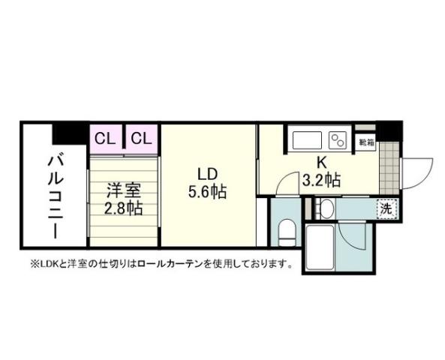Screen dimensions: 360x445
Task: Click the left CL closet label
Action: point(105,138)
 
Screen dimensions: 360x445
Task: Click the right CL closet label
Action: point(142,138)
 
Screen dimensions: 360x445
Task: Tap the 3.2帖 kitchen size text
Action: point(321,180)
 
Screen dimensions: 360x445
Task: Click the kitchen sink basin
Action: point(305,139)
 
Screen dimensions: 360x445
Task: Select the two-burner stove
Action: point(337,139)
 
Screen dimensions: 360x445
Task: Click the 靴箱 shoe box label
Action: point(366,140)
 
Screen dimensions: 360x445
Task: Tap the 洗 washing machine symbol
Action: point(385,209)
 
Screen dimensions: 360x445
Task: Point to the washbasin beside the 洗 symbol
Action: point(326,208)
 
